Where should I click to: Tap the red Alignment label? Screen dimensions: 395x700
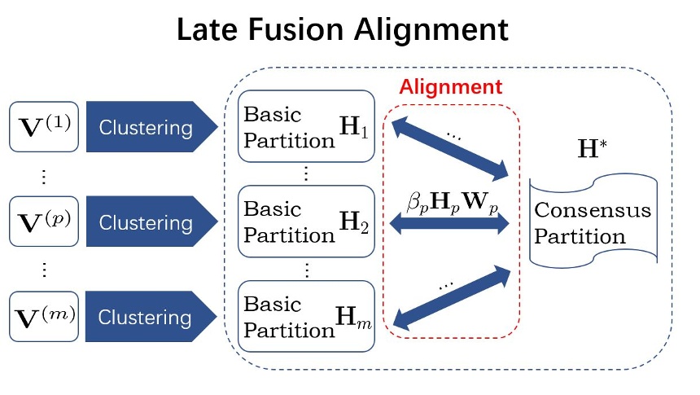point(451,87)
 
